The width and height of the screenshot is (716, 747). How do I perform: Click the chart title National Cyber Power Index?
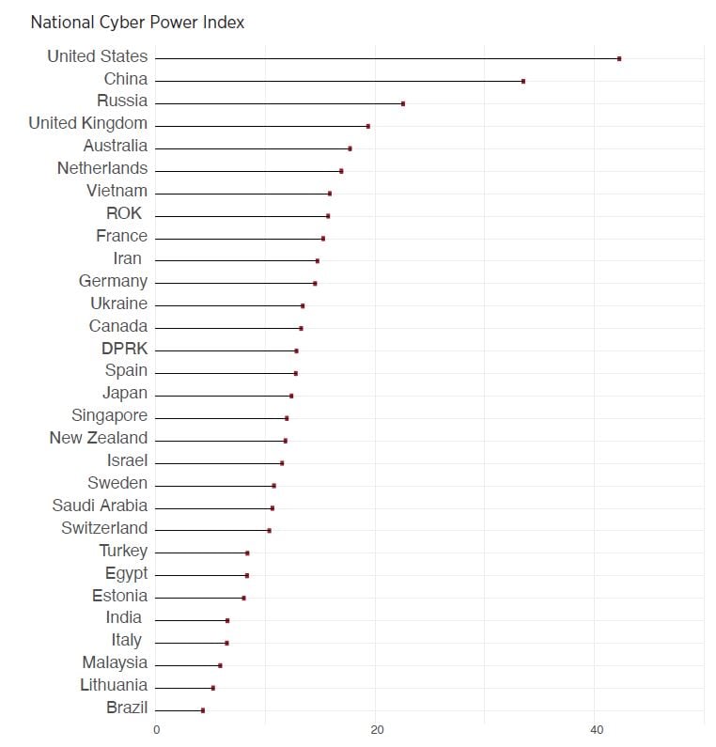(137, 22)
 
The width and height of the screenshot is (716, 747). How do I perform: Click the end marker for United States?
(619, 58)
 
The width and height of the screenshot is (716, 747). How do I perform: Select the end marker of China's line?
(523, 81)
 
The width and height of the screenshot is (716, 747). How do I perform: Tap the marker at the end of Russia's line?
(403, 103)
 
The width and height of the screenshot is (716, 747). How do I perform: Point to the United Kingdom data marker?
(368, 126)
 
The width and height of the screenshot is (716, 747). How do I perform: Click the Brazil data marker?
(203, 710)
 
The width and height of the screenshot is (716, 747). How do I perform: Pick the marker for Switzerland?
(270, 530)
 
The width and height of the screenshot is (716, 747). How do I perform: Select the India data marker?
(227, 620)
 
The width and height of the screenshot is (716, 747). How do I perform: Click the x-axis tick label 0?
(156, 729)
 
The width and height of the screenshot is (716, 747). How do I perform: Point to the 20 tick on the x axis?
(376, 729)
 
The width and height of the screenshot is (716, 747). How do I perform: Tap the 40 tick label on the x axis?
(596, 729)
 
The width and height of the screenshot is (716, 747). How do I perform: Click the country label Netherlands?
(102, 168)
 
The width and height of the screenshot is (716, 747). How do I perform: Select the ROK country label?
(124, 213)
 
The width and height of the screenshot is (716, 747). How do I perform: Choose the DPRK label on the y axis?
(124, 349)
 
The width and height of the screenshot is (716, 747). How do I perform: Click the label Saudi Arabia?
(100, 506)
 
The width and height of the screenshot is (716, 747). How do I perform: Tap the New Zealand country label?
(98, 438)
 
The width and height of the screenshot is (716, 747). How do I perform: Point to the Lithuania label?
(114, 685)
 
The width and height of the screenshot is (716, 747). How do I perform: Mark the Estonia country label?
(119, 596)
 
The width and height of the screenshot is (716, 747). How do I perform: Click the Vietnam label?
(117, 191)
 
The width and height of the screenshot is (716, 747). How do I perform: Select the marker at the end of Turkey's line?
(247, 552)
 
